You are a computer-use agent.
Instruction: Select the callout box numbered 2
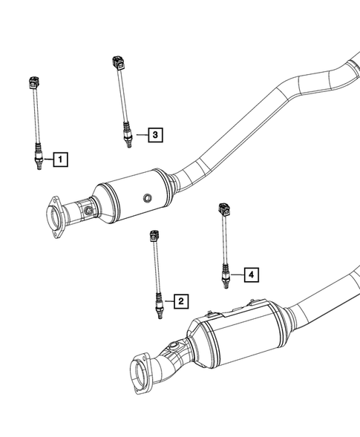[180, 300]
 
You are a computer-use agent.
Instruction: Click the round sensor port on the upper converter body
[148, 198]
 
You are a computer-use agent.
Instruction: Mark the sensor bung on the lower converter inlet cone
[175, 346]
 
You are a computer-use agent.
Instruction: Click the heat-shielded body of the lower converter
[238, 334]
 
